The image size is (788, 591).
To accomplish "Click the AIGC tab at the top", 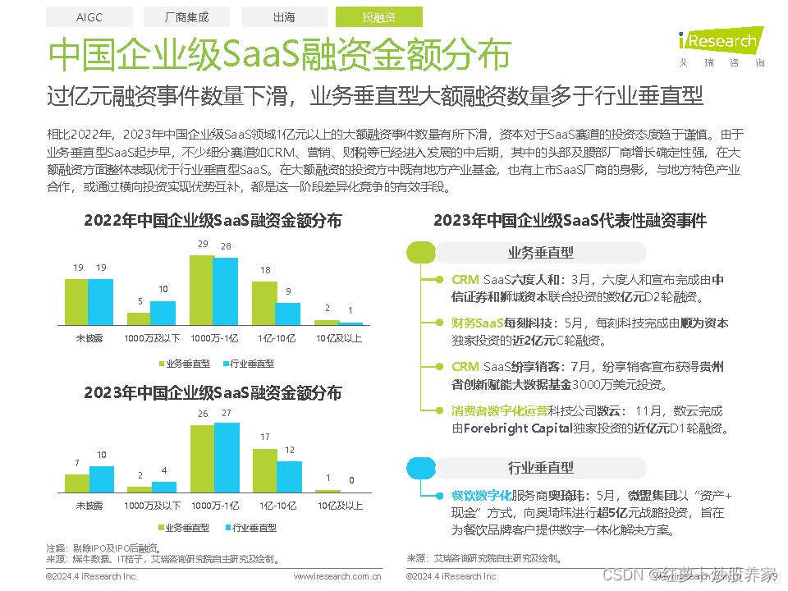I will click(x=89, y=16).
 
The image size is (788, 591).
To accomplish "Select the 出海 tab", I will click(x=284, y=16).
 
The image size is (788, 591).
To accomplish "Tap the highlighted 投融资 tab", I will click(x=378, y=16).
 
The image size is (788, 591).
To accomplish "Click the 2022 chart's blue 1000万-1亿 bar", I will click(x=225, y=291).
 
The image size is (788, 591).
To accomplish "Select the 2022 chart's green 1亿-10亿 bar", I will click(x=264, y=304).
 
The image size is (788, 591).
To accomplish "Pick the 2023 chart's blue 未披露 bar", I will click(x=102, y=478).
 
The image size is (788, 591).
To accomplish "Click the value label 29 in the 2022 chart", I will click(x=203, y=245).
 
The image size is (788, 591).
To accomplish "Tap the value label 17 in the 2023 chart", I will click(x=264, y=438).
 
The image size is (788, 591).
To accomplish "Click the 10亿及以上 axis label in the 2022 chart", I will click(x=339, y=337).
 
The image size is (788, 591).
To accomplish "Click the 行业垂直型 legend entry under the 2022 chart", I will click(x=247, y=363).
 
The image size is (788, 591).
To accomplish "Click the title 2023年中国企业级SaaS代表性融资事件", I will click(x=570, y=220).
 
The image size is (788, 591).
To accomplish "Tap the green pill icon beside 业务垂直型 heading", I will click(x=421, y=253).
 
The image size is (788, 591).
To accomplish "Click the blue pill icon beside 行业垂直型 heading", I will click(x=421, y=468).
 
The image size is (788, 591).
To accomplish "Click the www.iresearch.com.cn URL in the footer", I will click(x=337, y=577).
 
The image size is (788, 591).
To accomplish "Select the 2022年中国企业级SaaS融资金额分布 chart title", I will click(x=213, y=220).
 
